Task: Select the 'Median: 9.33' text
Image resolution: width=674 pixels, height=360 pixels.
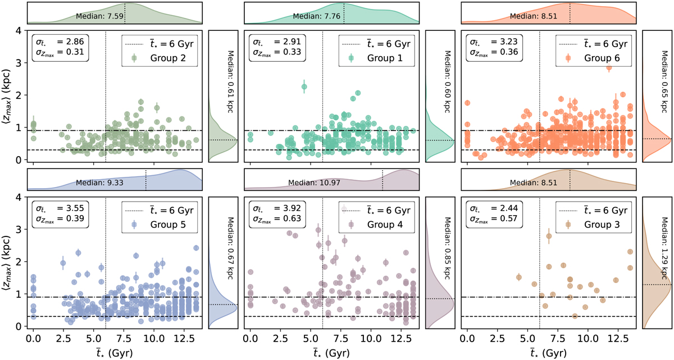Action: point(97,183)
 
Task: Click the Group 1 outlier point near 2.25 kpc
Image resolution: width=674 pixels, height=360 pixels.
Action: point(304,87)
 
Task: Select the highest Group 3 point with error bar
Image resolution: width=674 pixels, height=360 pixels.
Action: point(549,236)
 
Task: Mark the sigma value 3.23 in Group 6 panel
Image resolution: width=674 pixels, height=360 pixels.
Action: point(505,41)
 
